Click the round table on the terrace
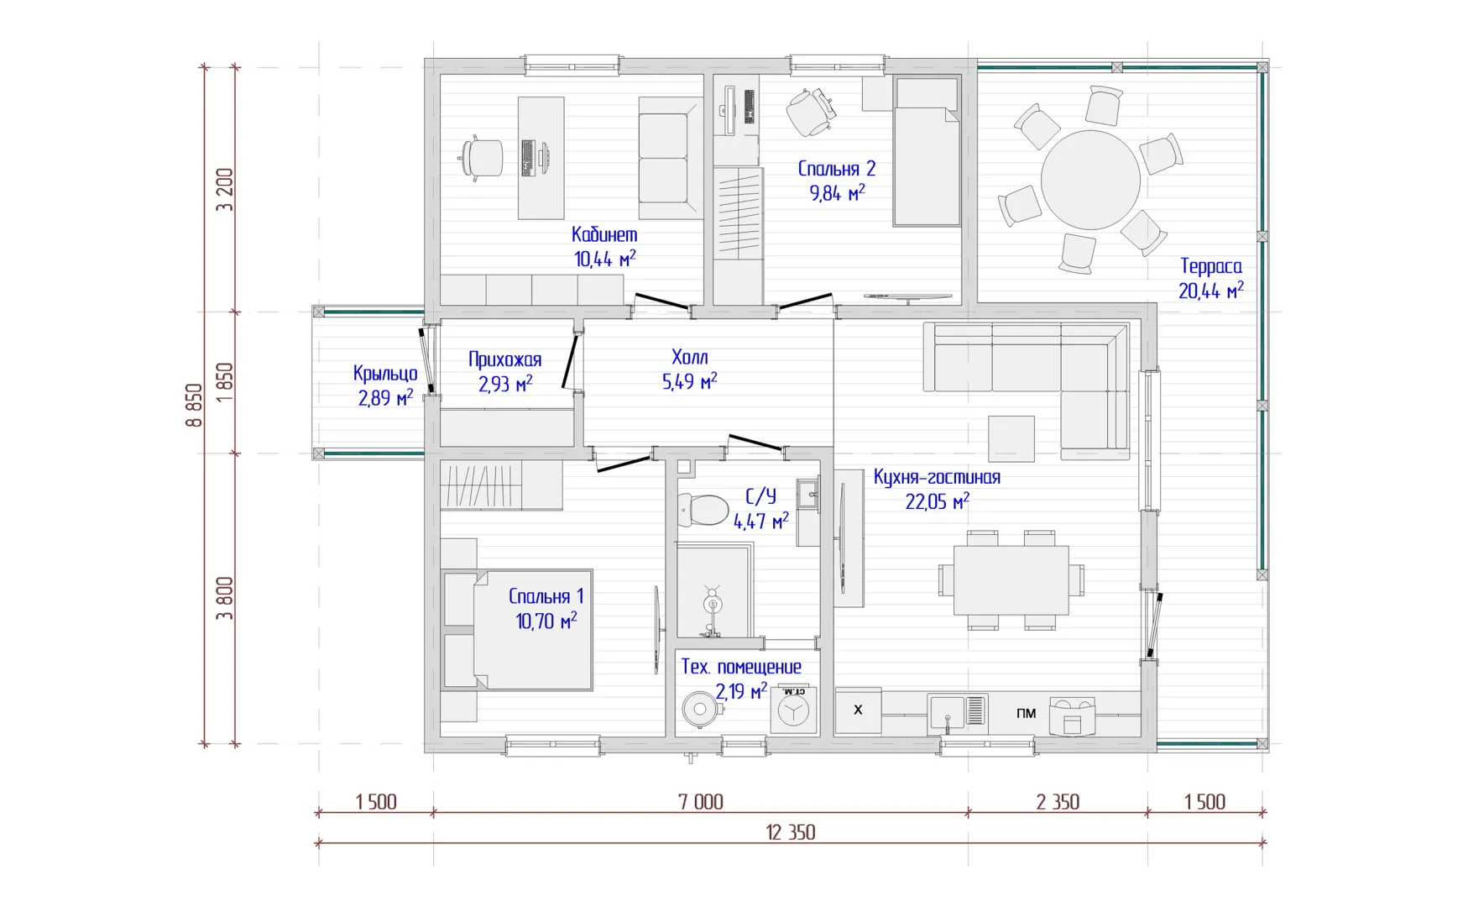pos(1090,180)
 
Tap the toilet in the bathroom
pos(703,510)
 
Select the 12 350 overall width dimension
pos(791,832)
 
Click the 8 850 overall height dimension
pos(194,406)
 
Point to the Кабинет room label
pos(604,234)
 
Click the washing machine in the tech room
pos(793,710)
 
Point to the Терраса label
pos(1211,266)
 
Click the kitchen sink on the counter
pos(948,713)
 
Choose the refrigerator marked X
pos(858,710)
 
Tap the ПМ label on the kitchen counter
pos(1026,713)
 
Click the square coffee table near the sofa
pos(1011,438)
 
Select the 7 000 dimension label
pos(701,802)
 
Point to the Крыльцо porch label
pos(385,374)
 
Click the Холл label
pos(690,357)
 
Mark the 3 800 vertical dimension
pos(224,598)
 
